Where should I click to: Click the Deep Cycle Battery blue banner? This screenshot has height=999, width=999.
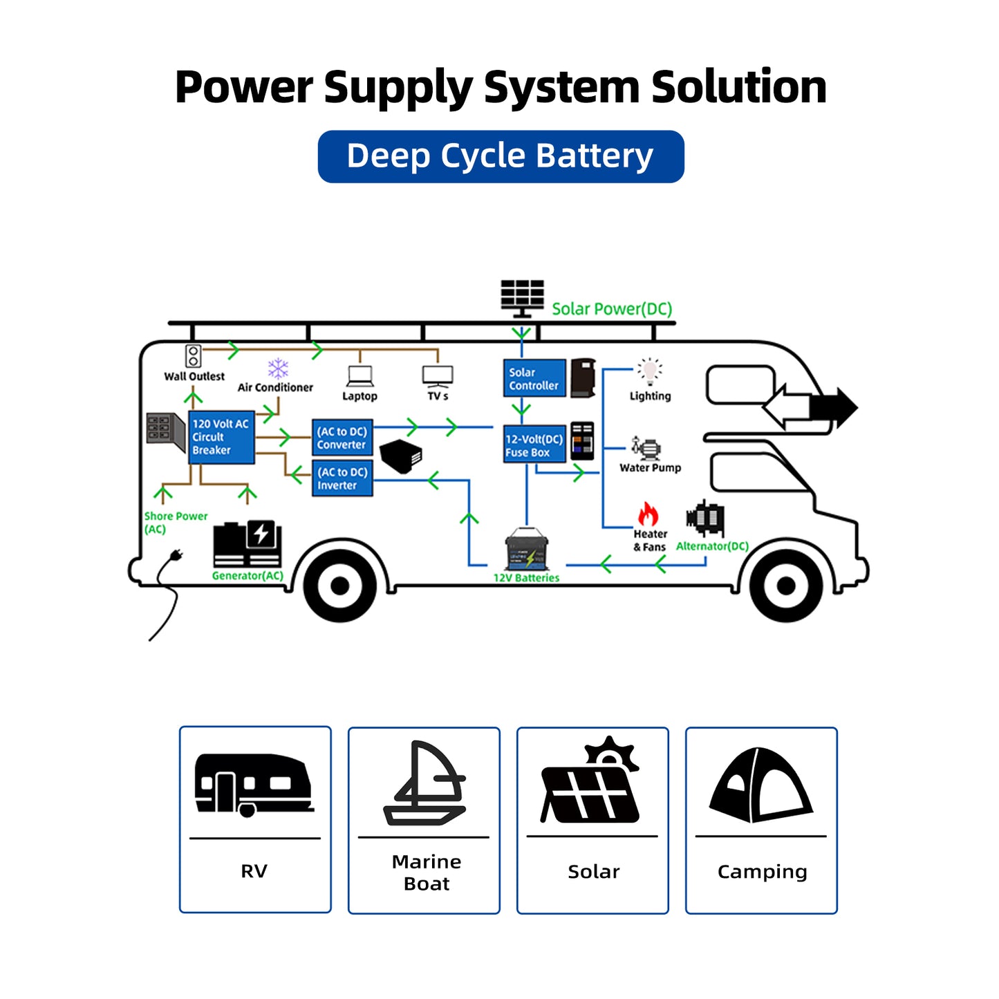coord(501,156)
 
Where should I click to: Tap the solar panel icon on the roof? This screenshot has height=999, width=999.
coord(522,297)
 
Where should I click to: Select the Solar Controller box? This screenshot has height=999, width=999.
coord(534,378)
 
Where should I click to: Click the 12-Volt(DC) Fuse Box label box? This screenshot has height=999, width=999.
coord(534,445)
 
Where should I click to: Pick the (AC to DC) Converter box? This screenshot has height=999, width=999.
coord(342,438)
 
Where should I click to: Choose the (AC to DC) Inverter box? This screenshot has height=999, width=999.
coord(342,478)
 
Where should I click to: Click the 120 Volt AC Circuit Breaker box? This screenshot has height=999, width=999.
coord(221,437)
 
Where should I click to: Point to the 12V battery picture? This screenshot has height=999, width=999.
coord(527,550)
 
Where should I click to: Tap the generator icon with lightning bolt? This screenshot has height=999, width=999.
coord(247,543)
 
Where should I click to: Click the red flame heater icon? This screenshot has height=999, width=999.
coord(648,514)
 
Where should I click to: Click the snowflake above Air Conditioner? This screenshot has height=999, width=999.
coord(278,368)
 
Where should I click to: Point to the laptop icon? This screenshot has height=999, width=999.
coord(360,377)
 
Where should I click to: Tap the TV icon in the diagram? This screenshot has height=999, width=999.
coord(438,377)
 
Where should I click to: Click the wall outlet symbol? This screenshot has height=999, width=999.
coord(193,356)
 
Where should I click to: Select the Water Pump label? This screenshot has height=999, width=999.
coord(650,468)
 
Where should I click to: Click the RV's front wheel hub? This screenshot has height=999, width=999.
coord(785,586)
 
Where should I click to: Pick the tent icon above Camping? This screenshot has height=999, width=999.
coord(760,785)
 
